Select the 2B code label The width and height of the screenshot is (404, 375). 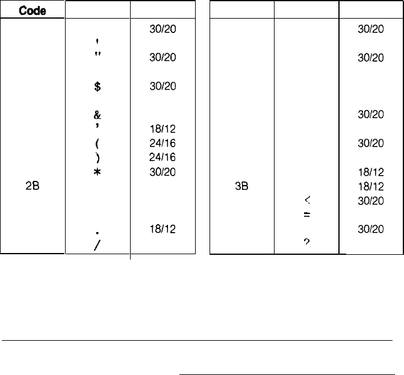(33, 186)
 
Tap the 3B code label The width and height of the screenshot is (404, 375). (242, 186)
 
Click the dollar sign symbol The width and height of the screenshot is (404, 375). (97, 86)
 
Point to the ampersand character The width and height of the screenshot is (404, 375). (97, 114)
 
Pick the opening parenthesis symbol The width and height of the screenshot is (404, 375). (97, 143)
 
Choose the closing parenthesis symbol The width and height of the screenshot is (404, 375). (97, 157)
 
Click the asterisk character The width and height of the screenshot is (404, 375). (97, 172)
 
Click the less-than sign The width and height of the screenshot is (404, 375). (306, 201)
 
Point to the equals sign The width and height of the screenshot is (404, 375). (306, 215)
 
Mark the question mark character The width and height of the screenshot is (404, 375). (306, 242)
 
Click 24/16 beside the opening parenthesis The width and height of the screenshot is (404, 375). (163, 143)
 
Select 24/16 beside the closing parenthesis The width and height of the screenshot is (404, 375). (163, 157)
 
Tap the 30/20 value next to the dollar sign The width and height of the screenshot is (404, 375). (163, 86)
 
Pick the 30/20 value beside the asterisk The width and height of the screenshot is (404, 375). (163, 172)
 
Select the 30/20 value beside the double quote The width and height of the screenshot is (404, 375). (163, 58)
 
